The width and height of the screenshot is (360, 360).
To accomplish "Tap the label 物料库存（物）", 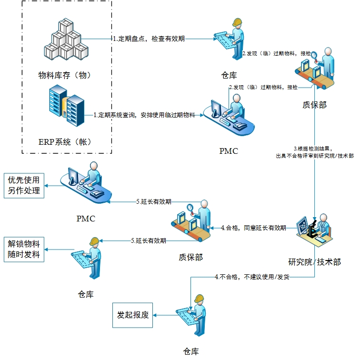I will (x=65, y=75).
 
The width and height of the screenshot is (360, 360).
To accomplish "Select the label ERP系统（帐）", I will (x=65, y=141).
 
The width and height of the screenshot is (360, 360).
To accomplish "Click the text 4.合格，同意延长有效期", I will (x=253, y=228).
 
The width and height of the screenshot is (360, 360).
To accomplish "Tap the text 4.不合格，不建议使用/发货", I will (x=252, y=277).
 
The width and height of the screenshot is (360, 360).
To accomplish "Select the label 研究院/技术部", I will (x=314, y=261).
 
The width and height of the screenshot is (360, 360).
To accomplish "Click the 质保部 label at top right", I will (x=315, y=104).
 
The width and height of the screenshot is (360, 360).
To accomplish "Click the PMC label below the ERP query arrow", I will (x=229, y=151).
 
